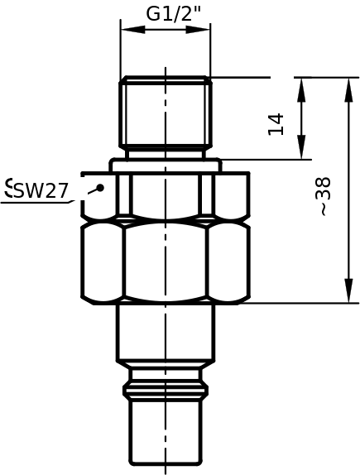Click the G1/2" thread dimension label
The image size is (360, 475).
pos(174,13)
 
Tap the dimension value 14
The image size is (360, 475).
pos(276,124)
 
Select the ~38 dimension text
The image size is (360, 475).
pos(322,196)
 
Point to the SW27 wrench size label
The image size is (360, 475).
pos(41,191)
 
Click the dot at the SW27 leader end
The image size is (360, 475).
pos(100,188)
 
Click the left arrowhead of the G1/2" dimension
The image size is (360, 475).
pos(132,30)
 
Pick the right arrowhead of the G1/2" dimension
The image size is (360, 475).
pos(198,30)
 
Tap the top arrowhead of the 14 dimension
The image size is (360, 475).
pos(301,89)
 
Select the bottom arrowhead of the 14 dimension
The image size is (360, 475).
pos(301,146)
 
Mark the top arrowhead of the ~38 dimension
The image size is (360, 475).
pos(349,89)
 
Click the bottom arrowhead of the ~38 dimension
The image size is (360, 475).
pos(349,290)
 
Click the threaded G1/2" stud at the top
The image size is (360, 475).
pos(166,113)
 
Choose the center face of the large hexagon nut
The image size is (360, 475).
pos(166,262)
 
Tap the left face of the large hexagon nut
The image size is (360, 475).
pos(102,263)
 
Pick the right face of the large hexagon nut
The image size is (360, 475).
pos(229,263)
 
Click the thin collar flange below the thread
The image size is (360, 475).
pos(166,166)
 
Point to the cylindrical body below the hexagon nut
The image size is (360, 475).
pos(166,332)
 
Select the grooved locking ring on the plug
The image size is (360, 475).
pos(166,391)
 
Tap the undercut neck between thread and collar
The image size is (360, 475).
pos(166,154)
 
